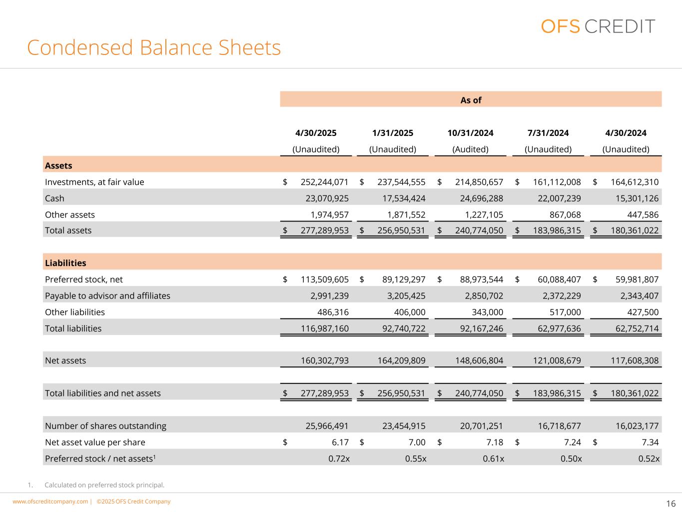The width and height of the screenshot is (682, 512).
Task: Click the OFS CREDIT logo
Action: click(x=598, y=26)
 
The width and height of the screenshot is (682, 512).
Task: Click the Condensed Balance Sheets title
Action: click(x=154, y=47)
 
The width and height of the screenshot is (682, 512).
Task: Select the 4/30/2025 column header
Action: click(x=316, y=133)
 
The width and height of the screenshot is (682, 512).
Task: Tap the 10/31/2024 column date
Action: click(x=470, y=133)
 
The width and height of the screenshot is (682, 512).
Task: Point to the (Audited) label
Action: click(x=470, y=149)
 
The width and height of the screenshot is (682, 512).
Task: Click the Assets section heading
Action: click(x=58, y=165)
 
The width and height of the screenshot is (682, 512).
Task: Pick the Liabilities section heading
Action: click(x=65, y=263)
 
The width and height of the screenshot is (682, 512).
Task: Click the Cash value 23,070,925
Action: click(x=327, y=198)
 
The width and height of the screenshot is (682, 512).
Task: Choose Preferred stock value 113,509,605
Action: click(x=324, y=279)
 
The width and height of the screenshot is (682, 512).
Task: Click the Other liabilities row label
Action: click(x=75, y=312)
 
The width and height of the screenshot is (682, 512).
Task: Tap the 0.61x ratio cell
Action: click(x=493, y=458)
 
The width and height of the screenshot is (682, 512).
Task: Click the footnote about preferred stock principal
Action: click(x=104, y=485)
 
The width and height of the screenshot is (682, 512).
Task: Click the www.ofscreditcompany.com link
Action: click(x=50, y=501)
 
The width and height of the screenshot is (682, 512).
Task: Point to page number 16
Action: click(x=671, y=503)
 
